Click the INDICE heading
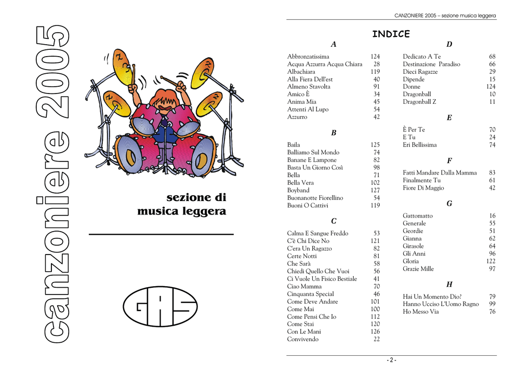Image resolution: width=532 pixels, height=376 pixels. [391, 34]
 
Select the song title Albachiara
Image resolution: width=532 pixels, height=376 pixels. [301, 72]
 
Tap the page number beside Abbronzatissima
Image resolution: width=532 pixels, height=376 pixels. [375, 57]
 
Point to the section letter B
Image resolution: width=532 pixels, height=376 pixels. [334, 133]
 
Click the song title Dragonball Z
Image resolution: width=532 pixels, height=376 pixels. [419, 102]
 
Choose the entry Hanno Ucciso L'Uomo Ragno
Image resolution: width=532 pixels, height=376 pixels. [441, 304]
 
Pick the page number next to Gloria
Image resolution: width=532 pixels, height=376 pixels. [490, 261]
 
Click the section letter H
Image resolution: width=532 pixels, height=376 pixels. [449, 285]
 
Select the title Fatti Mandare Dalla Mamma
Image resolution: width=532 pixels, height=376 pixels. [440, 173]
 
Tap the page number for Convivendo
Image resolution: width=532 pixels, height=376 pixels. [377, 339]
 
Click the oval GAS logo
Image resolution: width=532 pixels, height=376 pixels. [160, 306]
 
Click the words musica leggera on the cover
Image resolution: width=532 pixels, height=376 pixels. [181, 211]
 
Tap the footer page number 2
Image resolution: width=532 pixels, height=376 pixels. [391, 360]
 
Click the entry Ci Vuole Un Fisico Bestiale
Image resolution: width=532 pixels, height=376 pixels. [322, 279]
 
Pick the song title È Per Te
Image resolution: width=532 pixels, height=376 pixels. [414, 130]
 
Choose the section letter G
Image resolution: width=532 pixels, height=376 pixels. [449, 204]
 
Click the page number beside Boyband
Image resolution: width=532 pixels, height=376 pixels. [375, 191]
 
